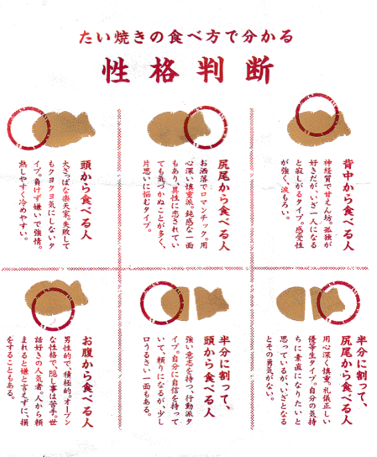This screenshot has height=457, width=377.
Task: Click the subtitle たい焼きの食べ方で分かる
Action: [x=186, y=37]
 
